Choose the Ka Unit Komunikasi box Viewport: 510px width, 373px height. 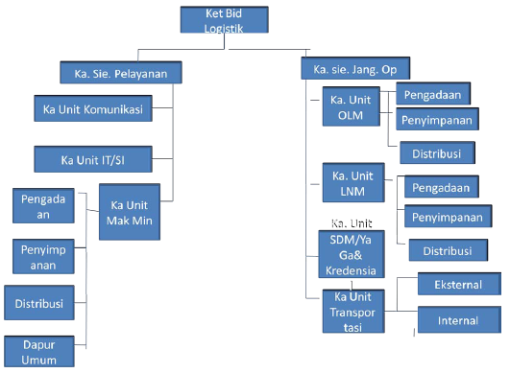tap(93, 109)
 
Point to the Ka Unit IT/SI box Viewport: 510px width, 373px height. tap(91, 158)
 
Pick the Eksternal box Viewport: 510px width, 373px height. tap(459, 284)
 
